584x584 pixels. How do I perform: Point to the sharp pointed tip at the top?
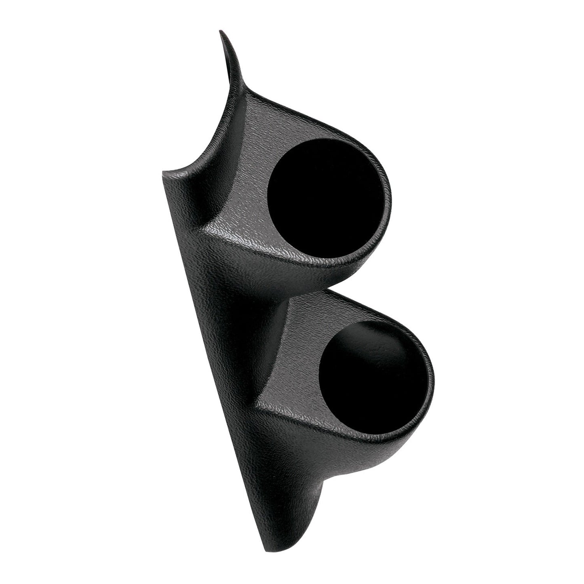coord(221,32)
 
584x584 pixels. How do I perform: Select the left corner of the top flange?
coord(163,171)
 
